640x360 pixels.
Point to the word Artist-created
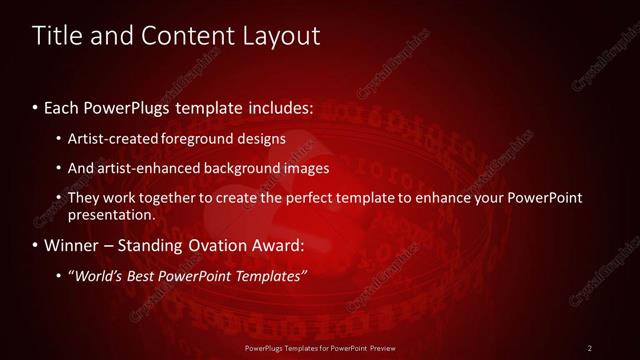(109, 138)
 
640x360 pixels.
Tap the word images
(306, 168)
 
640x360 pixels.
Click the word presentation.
(111, 214)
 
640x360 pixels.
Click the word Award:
(278, 245)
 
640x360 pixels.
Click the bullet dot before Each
(36, 106)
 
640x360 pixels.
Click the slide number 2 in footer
(590, 348)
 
